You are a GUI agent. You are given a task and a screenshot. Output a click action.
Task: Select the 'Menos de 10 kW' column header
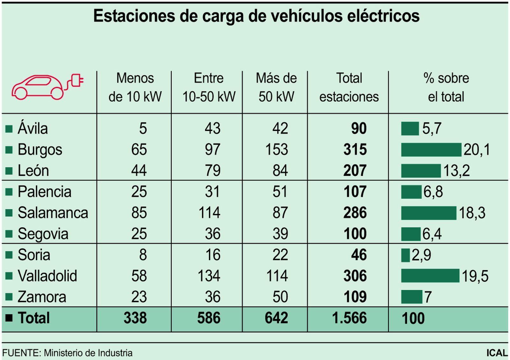coord(135,87)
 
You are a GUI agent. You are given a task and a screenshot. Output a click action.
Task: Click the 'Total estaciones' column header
coord(349,87)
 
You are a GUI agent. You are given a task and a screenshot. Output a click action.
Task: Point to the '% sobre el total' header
coord(446,87)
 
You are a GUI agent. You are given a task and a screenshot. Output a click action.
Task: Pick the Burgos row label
coord(40,149)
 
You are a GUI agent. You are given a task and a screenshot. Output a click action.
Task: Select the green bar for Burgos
coord(431,149)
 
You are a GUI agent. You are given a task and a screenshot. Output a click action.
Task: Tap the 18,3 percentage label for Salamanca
coord(472,213)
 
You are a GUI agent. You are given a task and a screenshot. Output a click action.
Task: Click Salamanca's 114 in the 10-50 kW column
coord(209,213)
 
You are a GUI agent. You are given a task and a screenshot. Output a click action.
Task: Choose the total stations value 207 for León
coord(355,170)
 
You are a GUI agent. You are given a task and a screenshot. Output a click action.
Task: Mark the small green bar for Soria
coord(405,255)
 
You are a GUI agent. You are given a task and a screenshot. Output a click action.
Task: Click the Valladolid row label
coord(47,276)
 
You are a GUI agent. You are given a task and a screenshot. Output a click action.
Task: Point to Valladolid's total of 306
coord(355,276)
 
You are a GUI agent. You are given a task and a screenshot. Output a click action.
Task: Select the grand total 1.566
coord(349,318)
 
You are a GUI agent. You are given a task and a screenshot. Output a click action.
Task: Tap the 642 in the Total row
coord(276,318)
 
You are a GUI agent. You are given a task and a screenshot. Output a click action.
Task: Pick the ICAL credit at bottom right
coord(497,353)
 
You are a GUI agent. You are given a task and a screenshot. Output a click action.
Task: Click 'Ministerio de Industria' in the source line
coord(88,353)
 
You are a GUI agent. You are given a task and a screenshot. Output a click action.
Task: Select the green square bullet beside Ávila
coord(9,129)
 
